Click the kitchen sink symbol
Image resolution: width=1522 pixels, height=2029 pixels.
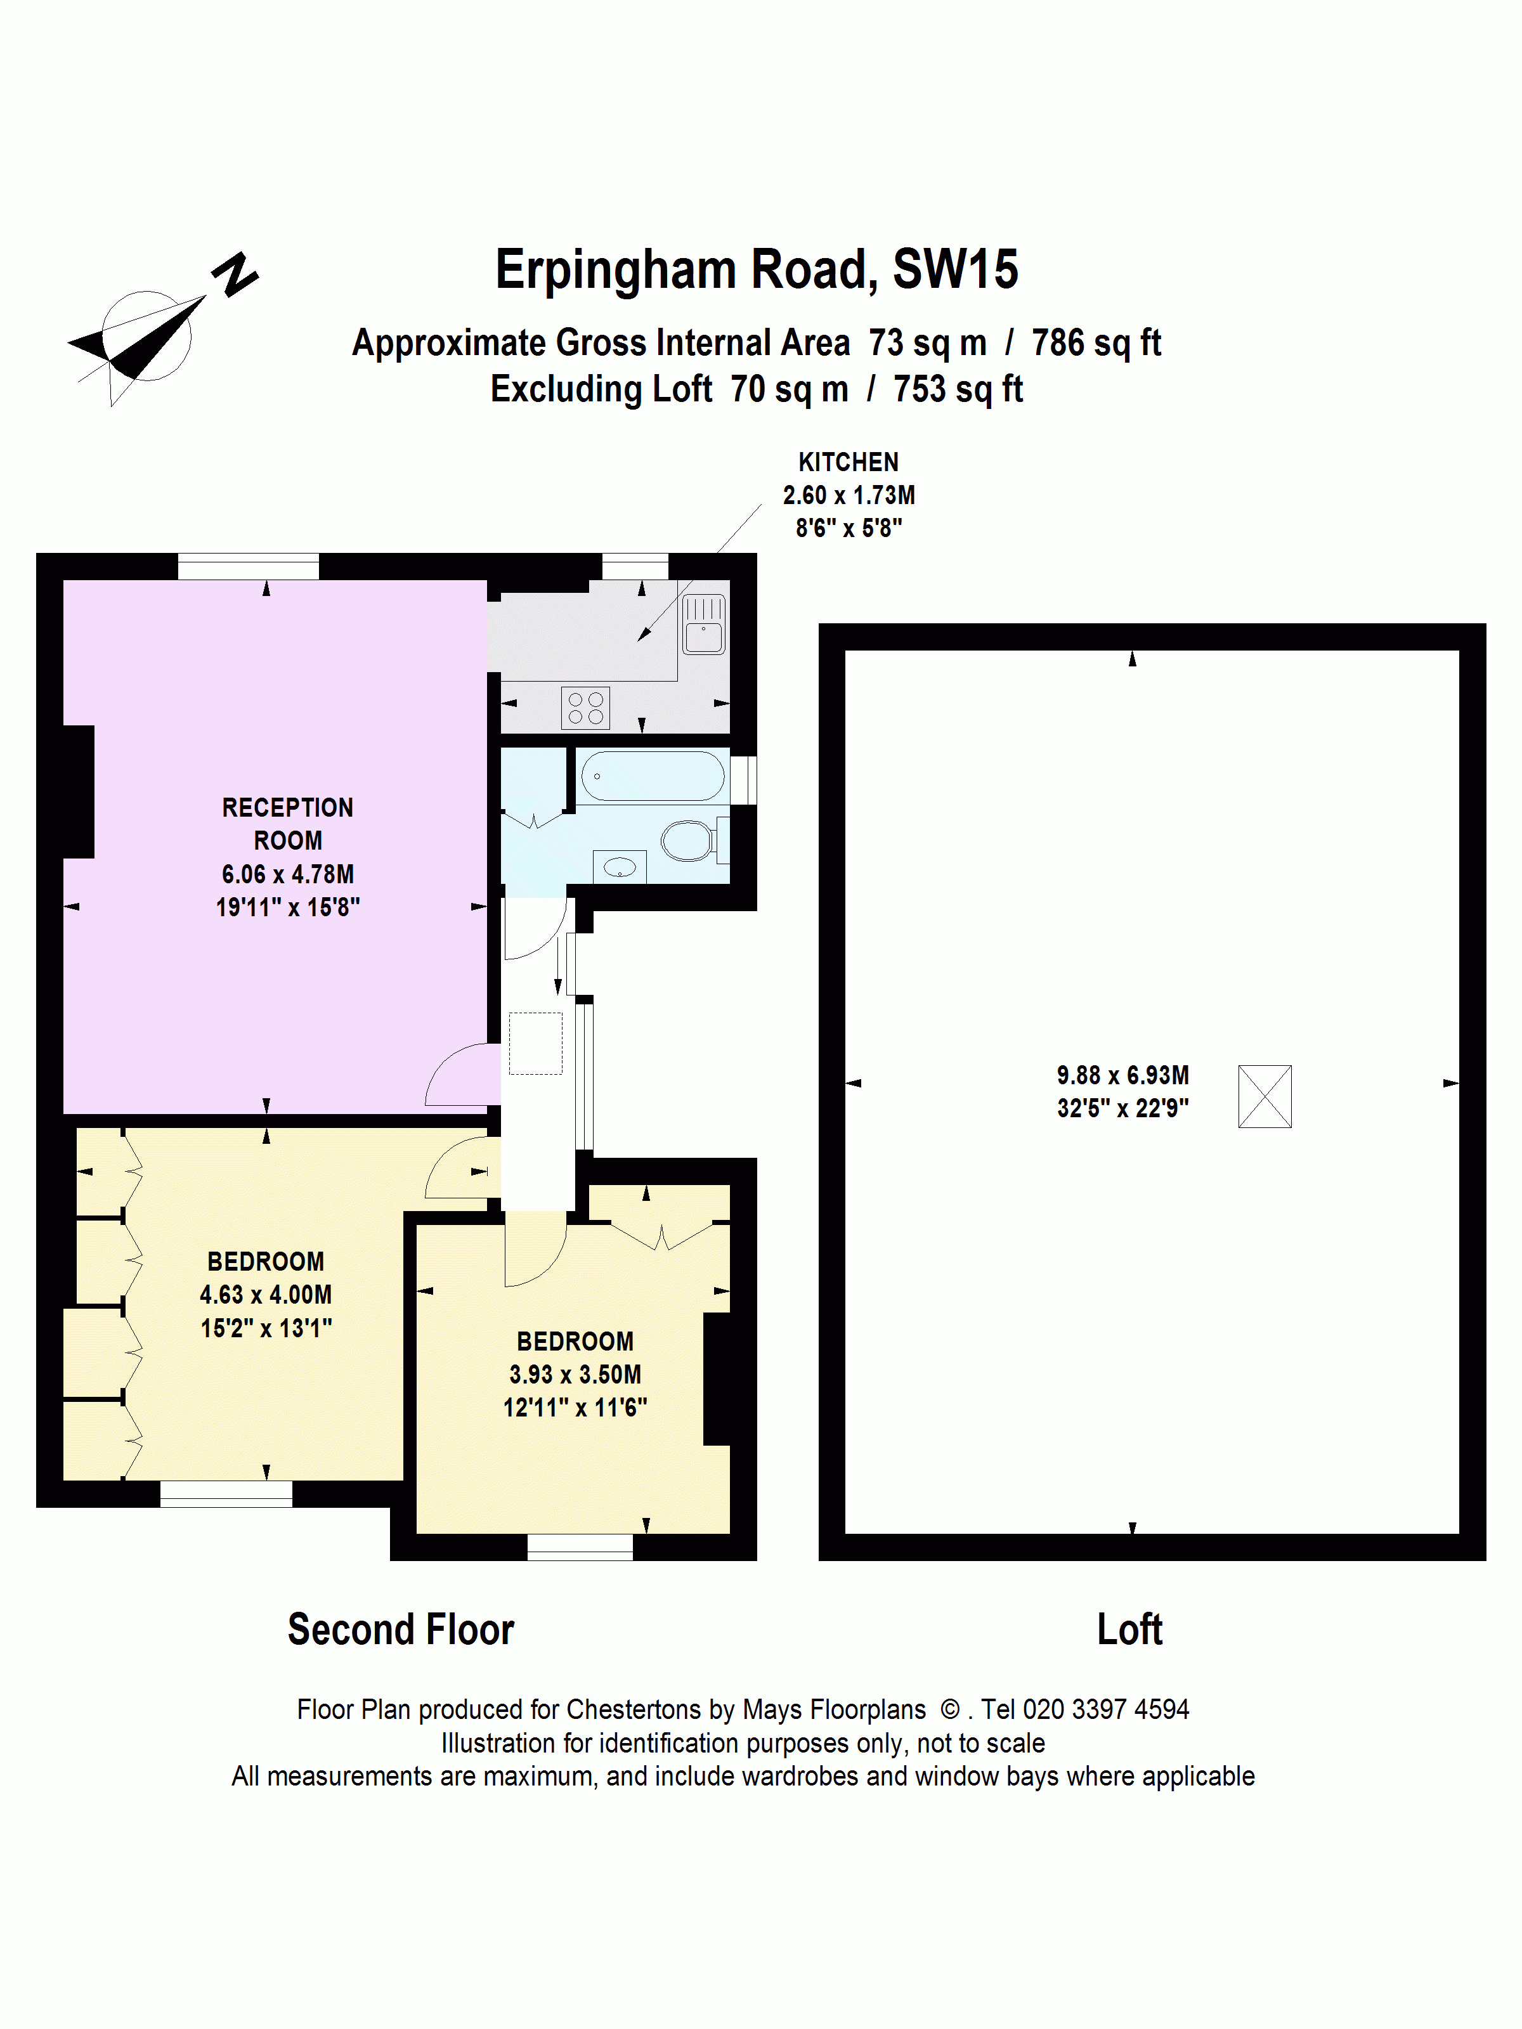pos(704,625)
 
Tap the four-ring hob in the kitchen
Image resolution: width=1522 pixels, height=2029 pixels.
pos(585,707)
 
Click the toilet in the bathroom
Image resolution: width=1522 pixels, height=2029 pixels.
pos(688,840)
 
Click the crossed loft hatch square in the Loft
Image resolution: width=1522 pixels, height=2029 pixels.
pos(1264,1096)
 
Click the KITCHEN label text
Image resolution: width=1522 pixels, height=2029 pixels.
pos(848,462)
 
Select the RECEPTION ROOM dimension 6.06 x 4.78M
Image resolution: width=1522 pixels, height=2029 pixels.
pos(287,874)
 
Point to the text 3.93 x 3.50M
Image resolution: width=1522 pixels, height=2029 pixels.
pos(575,1374)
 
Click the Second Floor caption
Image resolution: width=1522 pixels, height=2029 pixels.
pos(401,1630)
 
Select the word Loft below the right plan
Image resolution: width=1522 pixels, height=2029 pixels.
pos(1129,1630)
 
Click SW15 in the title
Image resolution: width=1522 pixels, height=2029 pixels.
pos(955,269)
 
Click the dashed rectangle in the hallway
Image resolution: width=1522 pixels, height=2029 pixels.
pos(536,1043)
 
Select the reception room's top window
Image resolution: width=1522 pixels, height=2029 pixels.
pos(248,566)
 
